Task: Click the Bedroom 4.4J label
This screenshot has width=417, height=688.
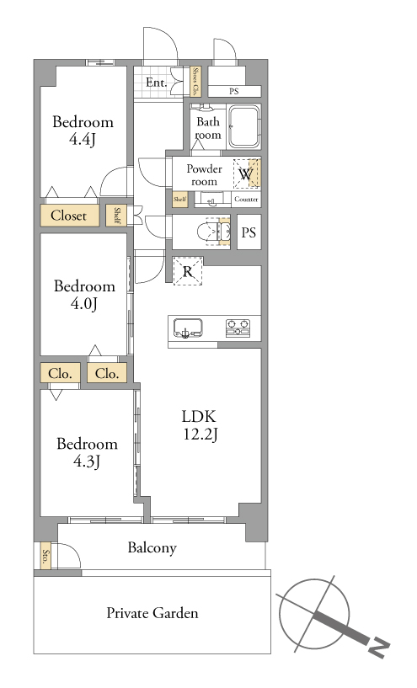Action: pyautogui.click(x=83, y=131)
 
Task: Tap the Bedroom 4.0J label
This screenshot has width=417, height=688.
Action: pyautogui.click(x=84, y=295)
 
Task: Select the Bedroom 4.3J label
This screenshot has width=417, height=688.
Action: pyautogui.click(x=87, y=452)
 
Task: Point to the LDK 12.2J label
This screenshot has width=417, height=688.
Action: pyautogui.click(x=200, y=424)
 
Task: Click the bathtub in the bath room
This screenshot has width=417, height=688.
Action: pyautogui.click(x=243, y=126)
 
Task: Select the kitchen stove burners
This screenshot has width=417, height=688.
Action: pyautogui.click(x=238, y=328)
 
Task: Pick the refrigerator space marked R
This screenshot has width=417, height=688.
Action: pyautogui.click(x=187, y=271)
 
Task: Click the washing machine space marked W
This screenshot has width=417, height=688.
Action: pyautogui.click(x=247, y=173)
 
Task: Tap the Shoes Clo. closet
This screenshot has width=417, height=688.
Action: pyautogui.click(x=195, y=82)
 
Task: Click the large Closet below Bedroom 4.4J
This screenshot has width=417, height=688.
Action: pyautogui.click(x=69, y=216)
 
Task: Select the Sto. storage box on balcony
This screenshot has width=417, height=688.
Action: pyautogui.click(x=45, y=557)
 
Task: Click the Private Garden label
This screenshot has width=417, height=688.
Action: pyautogui.click(x=152, y=613)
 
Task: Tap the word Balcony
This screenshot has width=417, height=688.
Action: pyautogui.click(x=152, y=548)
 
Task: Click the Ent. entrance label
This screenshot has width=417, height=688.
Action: pyautogui.click(x=156, y=82)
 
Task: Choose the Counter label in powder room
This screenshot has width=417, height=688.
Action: pyautogui.click(x=246, y=200)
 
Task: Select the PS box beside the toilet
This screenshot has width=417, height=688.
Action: pyautogui.click(x=249, y=232)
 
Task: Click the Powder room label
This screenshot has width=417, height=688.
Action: pyautogui.click(x=204, y=175)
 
